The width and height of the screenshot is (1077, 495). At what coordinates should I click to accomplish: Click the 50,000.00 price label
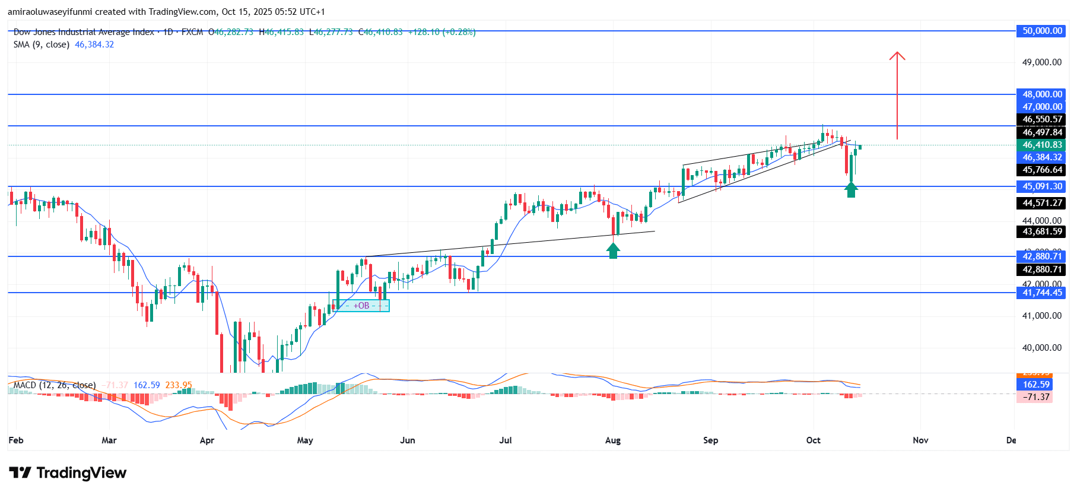coord(1042,31)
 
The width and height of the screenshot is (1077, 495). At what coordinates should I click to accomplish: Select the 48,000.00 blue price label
coord(1042,94)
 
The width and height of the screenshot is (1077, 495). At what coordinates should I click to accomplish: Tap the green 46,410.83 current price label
coord(1042,145)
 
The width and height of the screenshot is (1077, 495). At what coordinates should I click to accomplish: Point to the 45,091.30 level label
coord(1042,186)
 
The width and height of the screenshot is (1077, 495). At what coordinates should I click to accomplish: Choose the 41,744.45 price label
coord(1042,293)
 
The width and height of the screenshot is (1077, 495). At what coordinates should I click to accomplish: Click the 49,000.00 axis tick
coord(1041,62)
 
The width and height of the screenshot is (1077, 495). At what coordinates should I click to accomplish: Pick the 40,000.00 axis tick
coord(1041,348)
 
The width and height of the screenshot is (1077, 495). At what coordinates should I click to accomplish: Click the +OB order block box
coord(361,306)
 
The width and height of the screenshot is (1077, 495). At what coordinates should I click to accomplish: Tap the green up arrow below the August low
coord(613,251)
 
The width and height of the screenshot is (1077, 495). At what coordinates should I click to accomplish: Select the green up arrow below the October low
coord(851,190)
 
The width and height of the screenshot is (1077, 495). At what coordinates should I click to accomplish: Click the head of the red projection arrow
coord(897,56)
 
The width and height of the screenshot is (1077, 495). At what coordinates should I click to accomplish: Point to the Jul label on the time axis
coord(506,440)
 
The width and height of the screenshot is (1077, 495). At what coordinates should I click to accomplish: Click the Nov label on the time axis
coord(920,440)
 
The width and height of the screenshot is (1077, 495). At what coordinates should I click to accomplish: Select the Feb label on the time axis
coord(16,440)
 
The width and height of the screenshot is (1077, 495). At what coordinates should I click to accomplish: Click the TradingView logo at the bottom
coord(68,473)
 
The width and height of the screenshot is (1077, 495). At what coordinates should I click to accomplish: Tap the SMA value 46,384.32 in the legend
coord(94,45)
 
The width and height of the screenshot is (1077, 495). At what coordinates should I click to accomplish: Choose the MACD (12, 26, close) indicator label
coord(55,385)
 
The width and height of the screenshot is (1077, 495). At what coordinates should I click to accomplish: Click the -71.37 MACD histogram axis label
coord(1035,397)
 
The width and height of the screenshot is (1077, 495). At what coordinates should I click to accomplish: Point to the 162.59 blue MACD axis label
coord(1035,385)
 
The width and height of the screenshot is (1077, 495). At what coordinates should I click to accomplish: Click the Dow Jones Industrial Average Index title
coord(84,32)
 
